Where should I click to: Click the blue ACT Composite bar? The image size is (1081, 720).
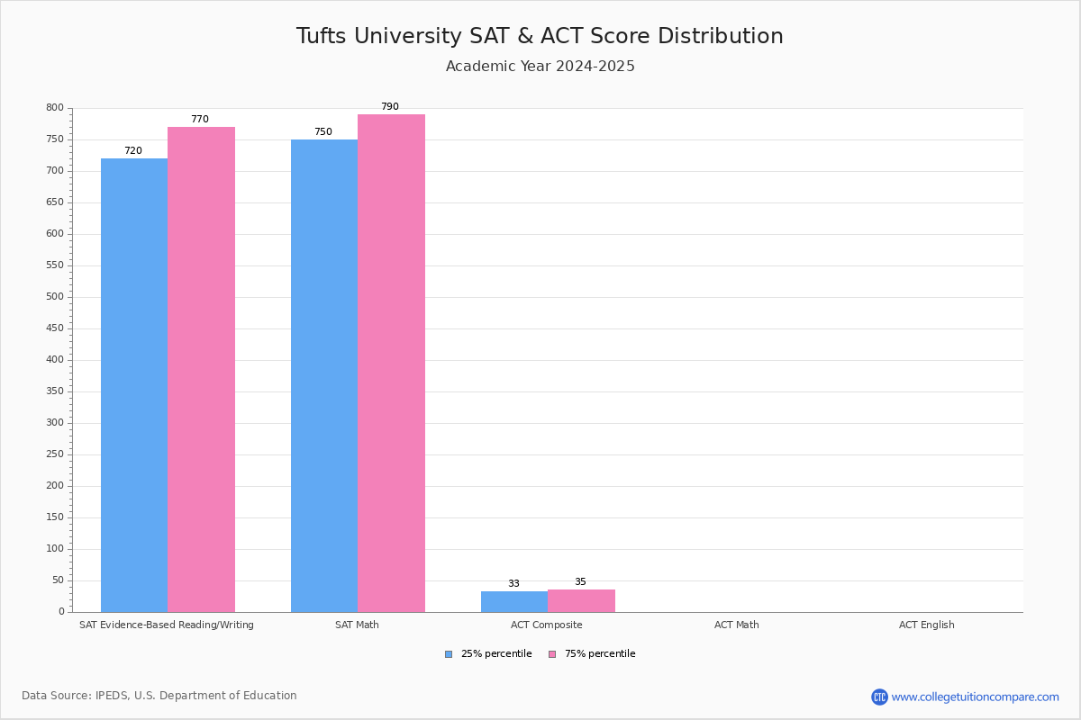click(x=514, y=601)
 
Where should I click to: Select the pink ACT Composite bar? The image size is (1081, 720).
click(x=581, y=600)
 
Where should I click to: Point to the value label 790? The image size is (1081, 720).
click(x=389, y=107)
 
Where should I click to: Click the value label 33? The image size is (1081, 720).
click(x=513, y=584)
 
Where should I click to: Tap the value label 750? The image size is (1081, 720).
click(x=322, y=132)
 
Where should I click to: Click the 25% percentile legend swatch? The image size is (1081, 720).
click(x=449, y=654)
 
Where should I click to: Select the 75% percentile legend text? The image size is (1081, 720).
click(x=600, y=654)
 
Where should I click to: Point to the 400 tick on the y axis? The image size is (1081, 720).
click(x=55, y=360)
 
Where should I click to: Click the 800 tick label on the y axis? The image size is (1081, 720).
click(x=55, y=108)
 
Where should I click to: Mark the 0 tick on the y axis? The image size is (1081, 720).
click(x=61, y=612)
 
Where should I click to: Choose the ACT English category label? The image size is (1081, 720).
click(x=926, y=625)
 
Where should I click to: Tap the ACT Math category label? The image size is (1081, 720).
click(x=736, y=625)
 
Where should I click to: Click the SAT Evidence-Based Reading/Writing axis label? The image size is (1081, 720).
click(x=167, y=625)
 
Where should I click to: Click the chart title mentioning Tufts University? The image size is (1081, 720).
click(x=540, y=36)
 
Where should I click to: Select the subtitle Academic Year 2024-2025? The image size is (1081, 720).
click(x=540, y=67)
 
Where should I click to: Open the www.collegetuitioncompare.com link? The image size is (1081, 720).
click(x=975, y=697)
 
